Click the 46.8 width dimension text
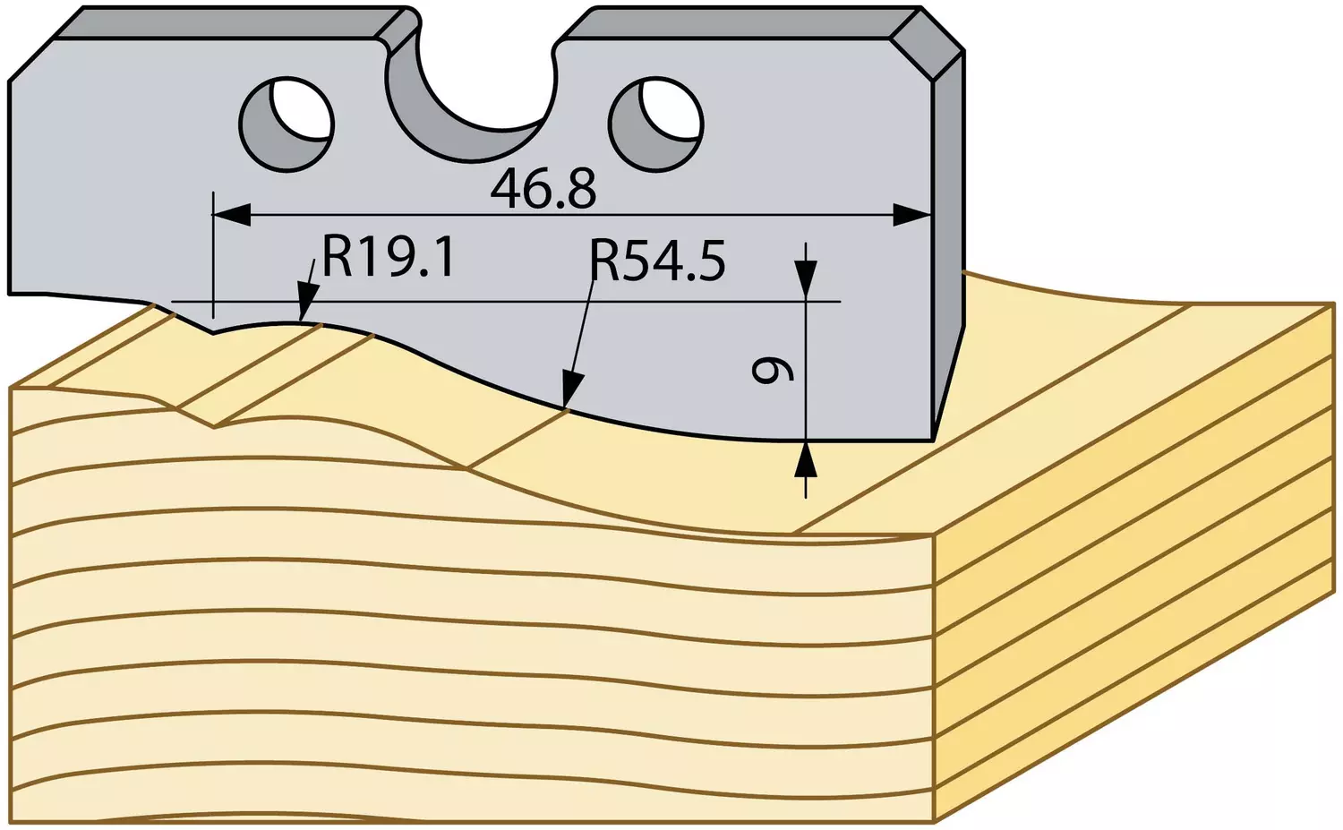pyautogui.click(x=543, y=189)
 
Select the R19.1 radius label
pyautogui.click(x=389, y=257)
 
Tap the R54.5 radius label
pyautogui.click(x=658, y=261)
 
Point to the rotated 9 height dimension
pyautogui.click(x=773, y=370)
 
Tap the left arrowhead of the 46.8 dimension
pyautogui.click(x=231, y=215)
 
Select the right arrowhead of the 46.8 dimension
pyautogui.click(x=912, y=215)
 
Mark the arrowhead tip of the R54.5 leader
pyautogui.click(x=564, y=409)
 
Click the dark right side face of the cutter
pyautogui.click(x=949, y=240)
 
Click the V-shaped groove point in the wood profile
pyautogui.click(x=215, y=427)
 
